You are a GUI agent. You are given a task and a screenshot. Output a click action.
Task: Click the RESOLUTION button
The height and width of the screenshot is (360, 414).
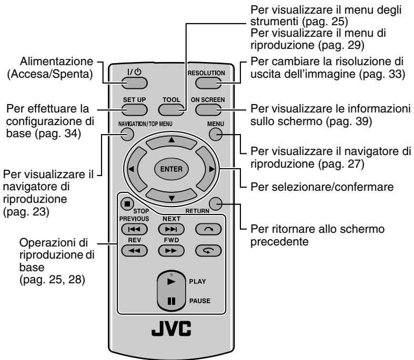[x=207, y=83]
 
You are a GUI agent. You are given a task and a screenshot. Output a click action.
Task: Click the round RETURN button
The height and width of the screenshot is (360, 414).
[x=214, y=203]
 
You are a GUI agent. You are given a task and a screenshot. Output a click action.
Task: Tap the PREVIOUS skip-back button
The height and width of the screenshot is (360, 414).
[x=132, y=230]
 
